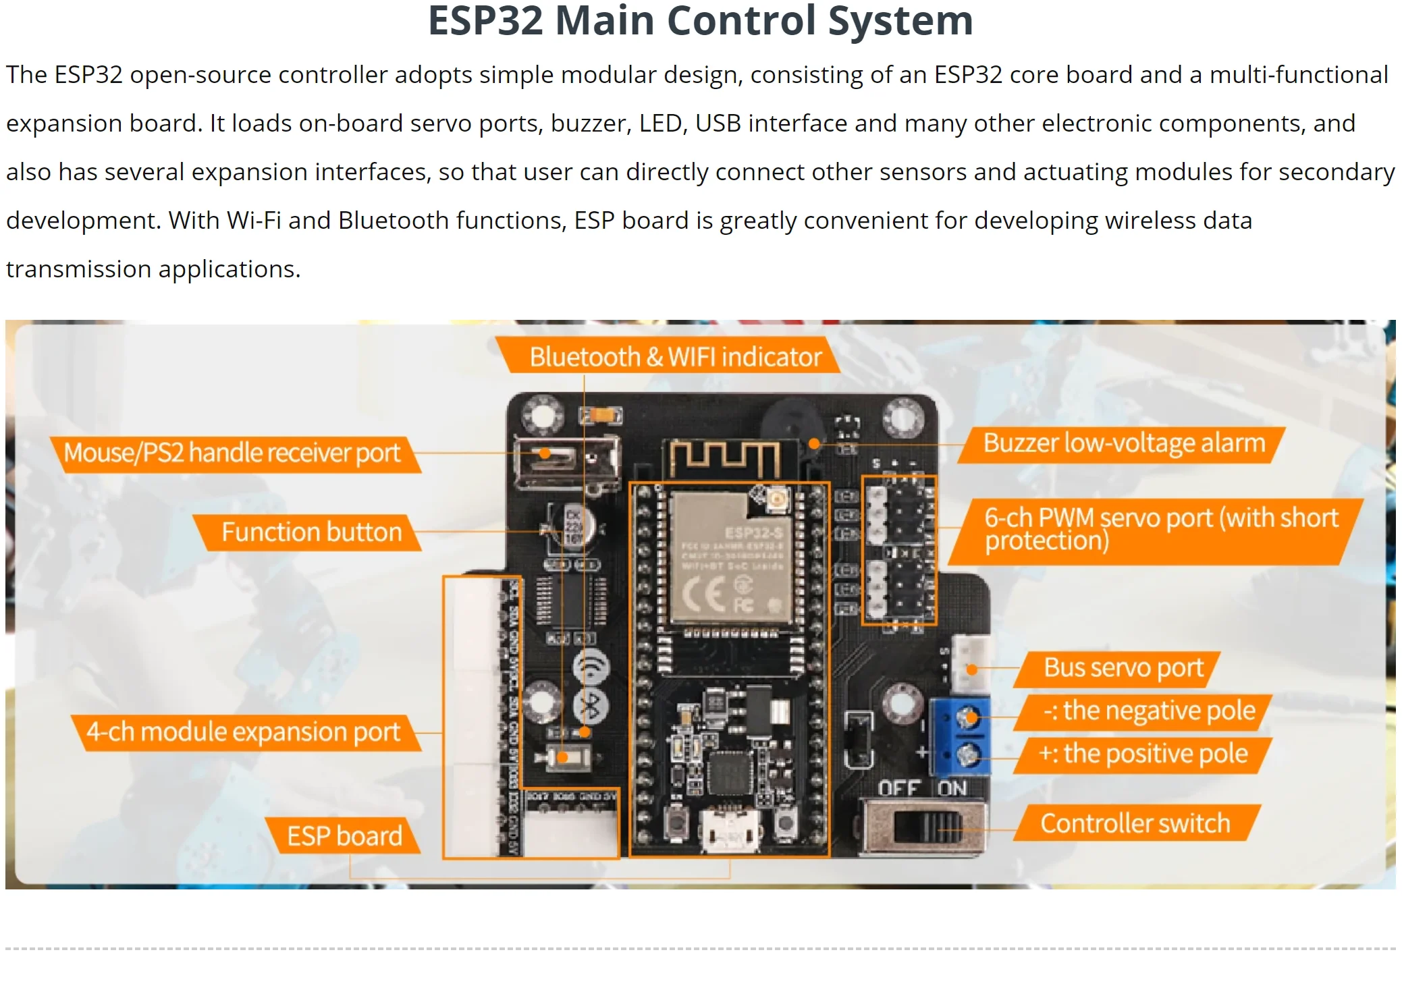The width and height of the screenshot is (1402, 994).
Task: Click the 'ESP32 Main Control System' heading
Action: pyautogui.click(x=700, y=20)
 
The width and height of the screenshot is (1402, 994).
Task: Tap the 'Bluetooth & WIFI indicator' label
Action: pyautogui.click(x=674, y=356)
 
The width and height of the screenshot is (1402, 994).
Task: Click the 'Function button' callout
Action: pyautogui.click(x=311, y=532)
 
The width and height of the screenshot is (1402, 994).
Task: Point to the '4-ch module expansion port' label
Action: pyautogui.click(x=243, y=732)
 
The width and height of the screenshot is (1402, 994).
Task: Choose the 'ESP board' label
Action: pyautogui.click(x=344, y=836)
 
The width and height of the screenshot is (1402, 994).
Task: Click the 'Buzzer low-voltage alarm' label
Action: pyautogui.click(x=1123, y=443)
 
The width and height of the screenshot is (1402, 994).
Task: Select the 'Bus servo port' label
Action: pyautogui.click(x=1123, y=668)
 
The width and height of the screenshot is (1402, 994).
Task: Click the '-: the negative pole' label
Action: pyautogui.click(x=1148, y=711)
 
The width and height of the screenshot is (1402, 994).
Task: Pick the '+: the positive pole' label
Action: pyautogui.click(x=1143, y=754)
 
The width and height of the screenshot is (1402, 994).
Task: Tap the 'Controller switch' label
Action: pyautogui.click(x=1135, y=823)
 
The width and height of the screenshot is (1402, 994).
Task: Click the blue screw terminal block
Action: pyautogui.click(x=960, y=736)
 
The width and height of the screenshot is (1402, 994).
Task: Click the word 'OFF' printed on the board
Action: pyautogui.click(x=898, y=788)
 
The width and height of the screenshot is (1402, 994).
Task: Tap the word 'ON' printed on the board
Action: pyautogui.click(x=952, y=788)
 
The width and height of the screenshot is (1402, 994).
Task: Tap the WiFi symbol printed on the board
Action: pyautogui.click(x=591, y=667)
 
